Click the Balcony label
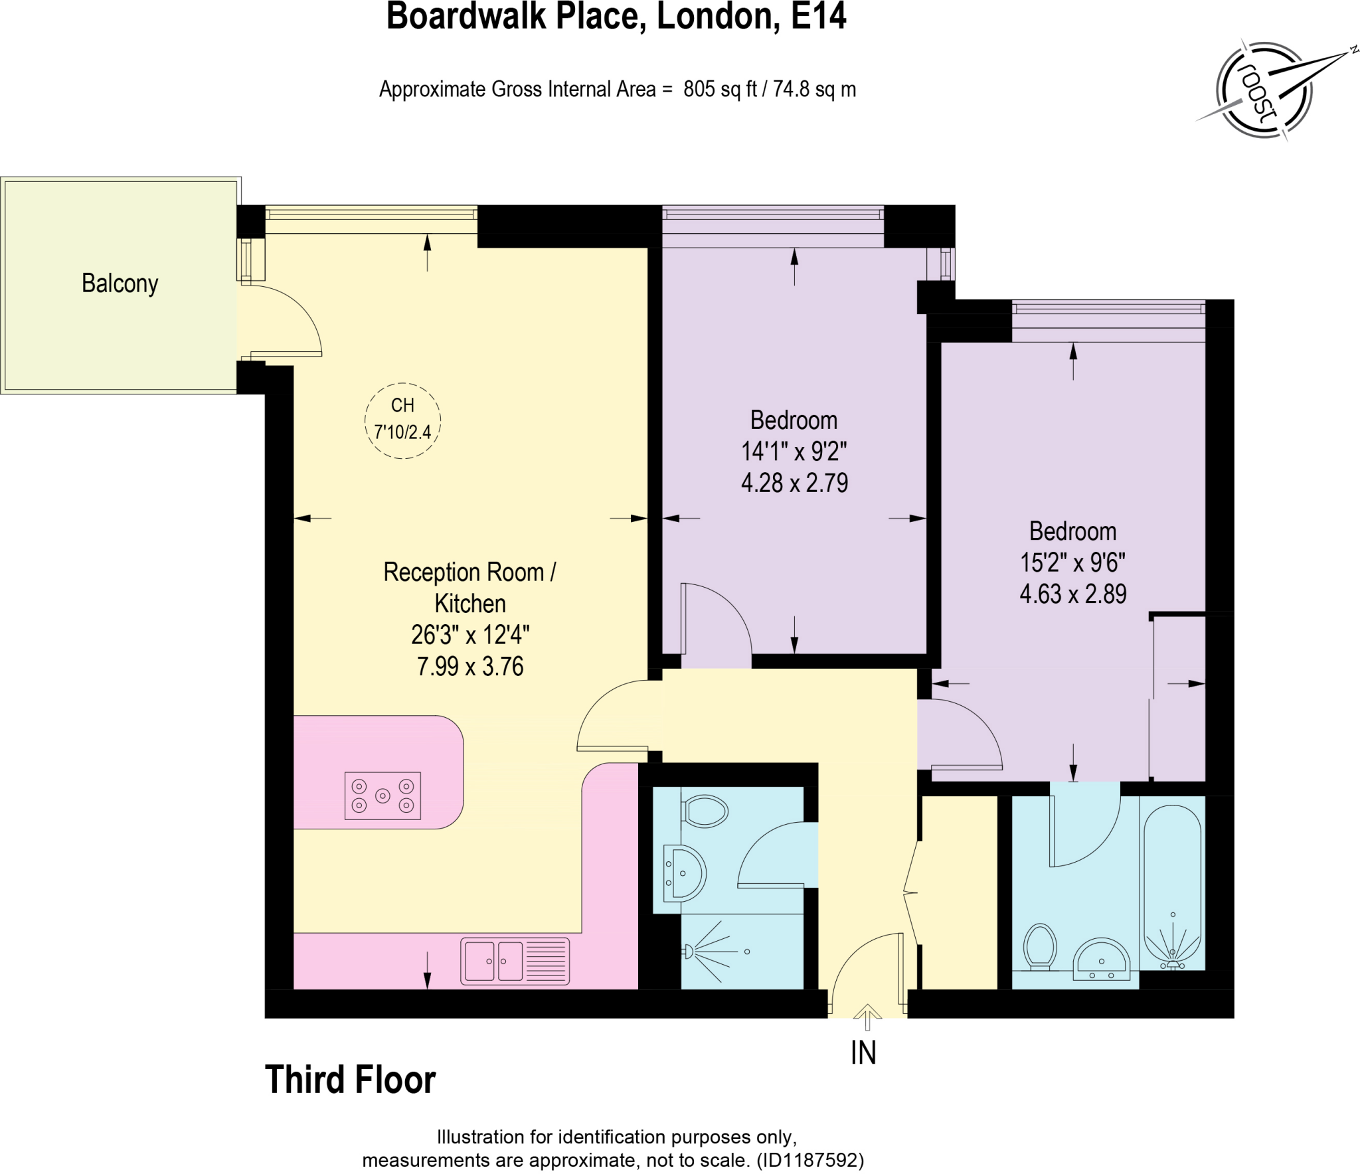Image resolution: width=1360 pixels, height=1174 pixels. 120,284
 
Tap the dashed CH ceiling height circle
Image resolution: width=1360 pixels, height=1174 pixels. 402,420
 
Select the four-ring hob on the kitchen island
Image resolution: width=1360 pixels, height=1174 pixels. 382,795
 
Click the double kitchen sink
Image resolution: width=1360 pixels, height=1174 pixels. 515,960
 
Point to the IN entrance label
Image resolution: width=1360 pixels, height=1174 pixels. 863,1052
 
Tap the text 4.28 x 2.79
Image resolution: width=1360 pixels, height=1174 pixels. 794,483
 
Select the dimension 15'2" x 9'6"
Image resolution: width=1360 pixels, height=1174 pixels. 1072,562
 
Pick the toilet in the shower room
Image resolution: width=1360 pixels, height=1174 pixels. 705,811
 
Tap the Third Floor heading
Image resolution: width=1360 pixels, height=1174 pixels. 350,1079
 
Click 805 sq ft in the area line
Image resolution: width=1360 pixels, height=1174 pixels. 720,89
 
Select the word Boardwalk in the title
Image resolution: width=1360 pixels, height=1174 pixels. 468,16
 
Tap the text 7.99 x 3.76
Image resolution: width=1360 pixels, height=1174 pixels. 470,666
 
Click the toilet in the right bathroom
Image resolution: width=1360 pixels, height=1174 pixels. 1040,946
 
